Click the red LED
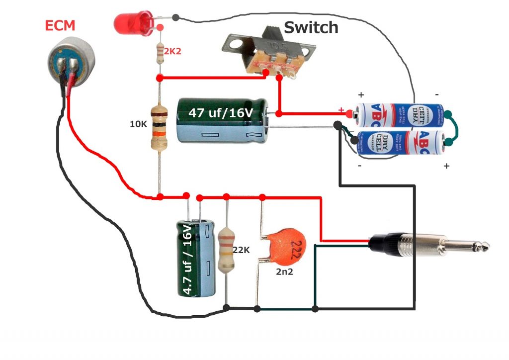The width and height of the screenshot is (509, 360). click(x=131, y=22)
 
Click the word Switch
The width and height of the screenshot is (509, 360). click(x=311, y=27)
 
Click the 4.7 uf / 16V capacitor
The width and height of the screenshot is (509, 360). click(x=197, y=259)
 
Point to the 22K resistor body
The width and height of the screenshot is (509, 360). click(x=226, y=249)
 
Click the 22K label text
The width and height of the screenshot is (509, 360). click(x=241, y=250)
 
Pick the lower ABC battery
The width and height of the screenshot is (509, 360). click(x=400, y=143)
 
